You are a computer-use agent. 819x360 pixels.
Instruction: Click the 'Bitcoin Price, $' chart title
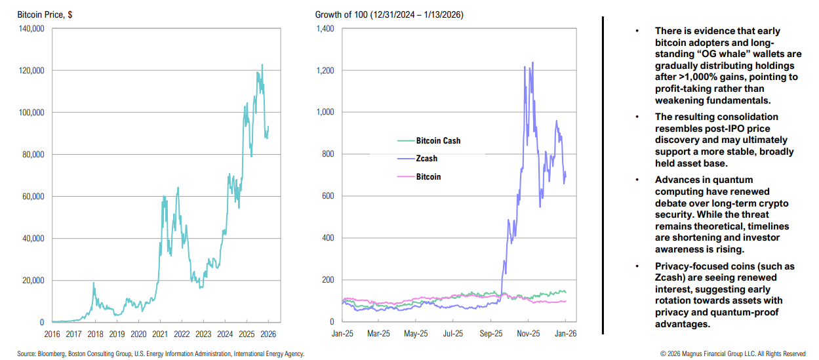(x=45, y=14)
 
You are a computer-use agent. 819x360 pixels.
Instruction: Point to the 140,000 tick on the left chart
(x=30, y=29)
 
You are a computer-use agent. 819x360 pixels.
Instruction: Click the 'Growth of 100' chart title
(x=390, y=14)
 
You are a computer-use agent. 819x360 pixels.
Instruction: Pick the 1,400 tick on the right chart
(x=325, y=29)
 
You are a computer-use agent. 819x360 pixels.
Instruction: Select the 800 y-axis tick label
(x=328, y=155)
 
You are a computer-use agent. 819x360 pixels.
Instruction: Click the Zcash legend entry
(x=426, y=159)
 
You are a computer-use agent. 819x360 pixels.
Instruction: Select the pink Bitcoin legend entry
(x=428, y=177)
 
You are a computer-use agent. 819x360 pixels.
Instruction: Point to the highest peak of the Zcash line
(x=532, y=63)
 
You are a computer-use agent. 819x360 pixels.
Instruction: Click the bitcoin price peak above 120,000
(x=262, y=65)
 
